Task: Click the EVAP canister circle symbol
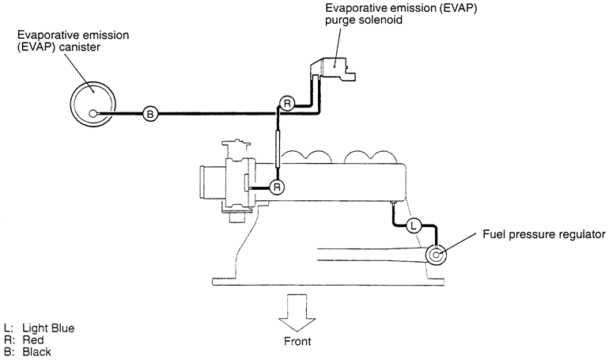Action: click(x=93, y=113)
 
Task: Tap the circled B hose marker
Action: click(x=150, y=114)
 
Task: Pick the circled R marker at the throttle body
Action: click(x=277, y=187)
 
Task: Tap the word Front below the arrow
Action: click(x=298, y=342)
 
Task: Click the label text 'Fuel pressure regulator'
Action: click(x=545, y=235)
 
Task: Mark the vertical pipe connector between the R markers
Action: click(x=278, y=147)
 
